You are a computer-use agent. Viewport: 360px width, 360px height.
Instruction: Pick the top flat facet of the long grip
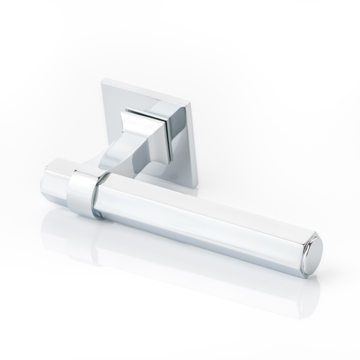(x=198, y=198)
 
